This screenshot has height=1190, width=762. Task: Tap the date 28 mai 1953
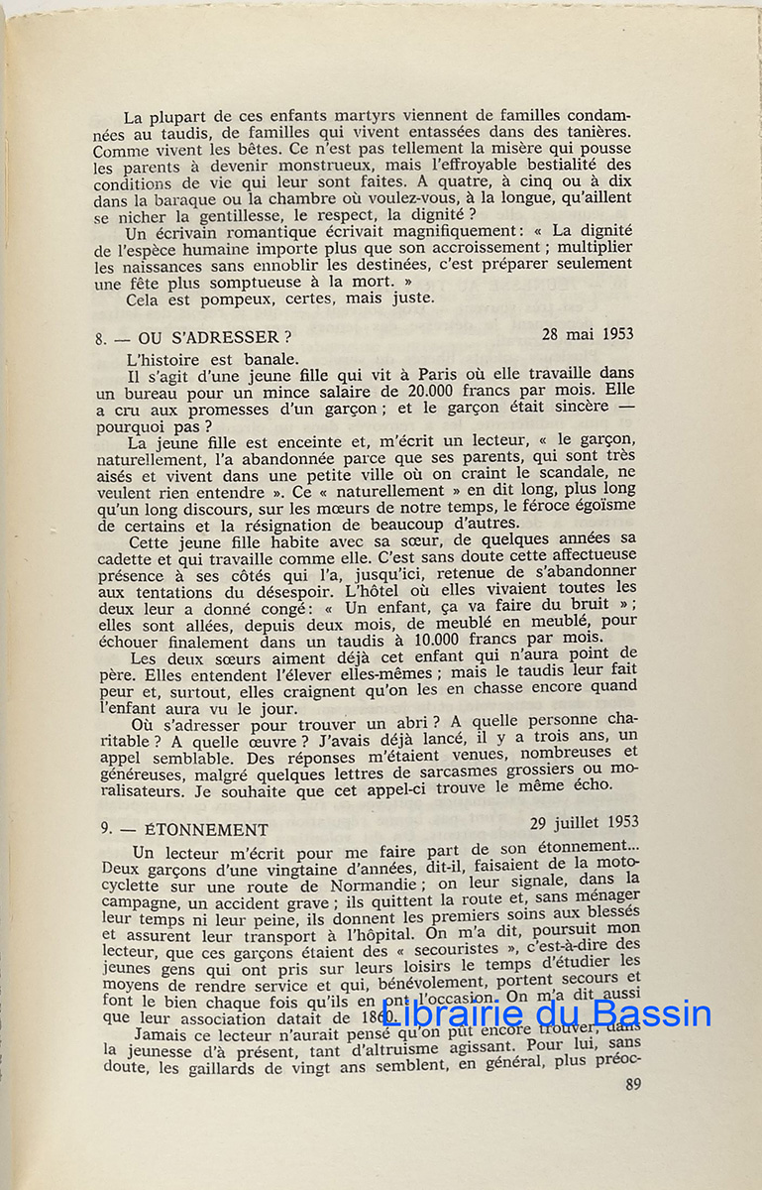coord(588,334)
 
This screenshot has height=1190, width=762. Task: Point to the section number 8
coord(101,339)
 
